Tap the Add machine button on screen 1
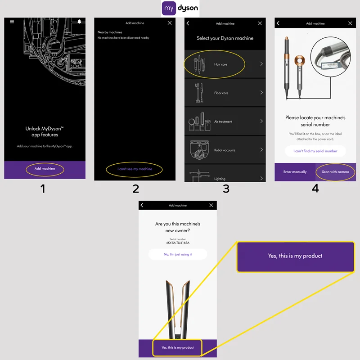pyautogui.click(x=45, y=169)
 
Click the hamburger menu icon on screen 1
pyautogui.click(x=12, y=22)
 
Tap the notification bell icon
pyautogui.click(x=79, y=22)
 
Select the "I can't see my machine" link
pyautogui.click(x=135, y=169)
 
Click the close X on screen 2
pyautogui.click(x=170, y=23)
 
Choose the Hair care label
pyautogui.click(x=220, y=64)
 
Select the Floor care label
pyautogui.click(x=221, y=93)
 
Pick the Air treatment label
pyautogui.click(x=223, y=121)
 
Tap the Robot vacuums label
pyautogui.click(x=225, y=150)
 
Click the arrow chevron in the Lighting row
pyautogui.click(x=261, y=178)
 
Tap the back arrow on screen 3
pyautogui.click(x=188, y=23)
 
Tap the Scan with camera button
pyautogui.click(x=335, y=172)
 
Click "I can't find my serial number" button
pyautogui.click(x=315, y=151)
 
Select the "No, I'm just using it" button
pyautogui.click(x=178, y=254)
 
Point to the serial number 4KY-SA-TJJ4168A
pyautogui.click(x=178, y=243)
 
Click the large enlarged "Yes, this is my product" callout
pyautogui.click(x=295, y=256)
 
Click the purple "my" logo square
pyautogui.click(x=169, y=8)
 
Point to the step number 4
pyautogui.click(x=315, y=189)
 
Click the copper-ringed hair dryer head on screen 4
pyautogui.click(x=300, y=61)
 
